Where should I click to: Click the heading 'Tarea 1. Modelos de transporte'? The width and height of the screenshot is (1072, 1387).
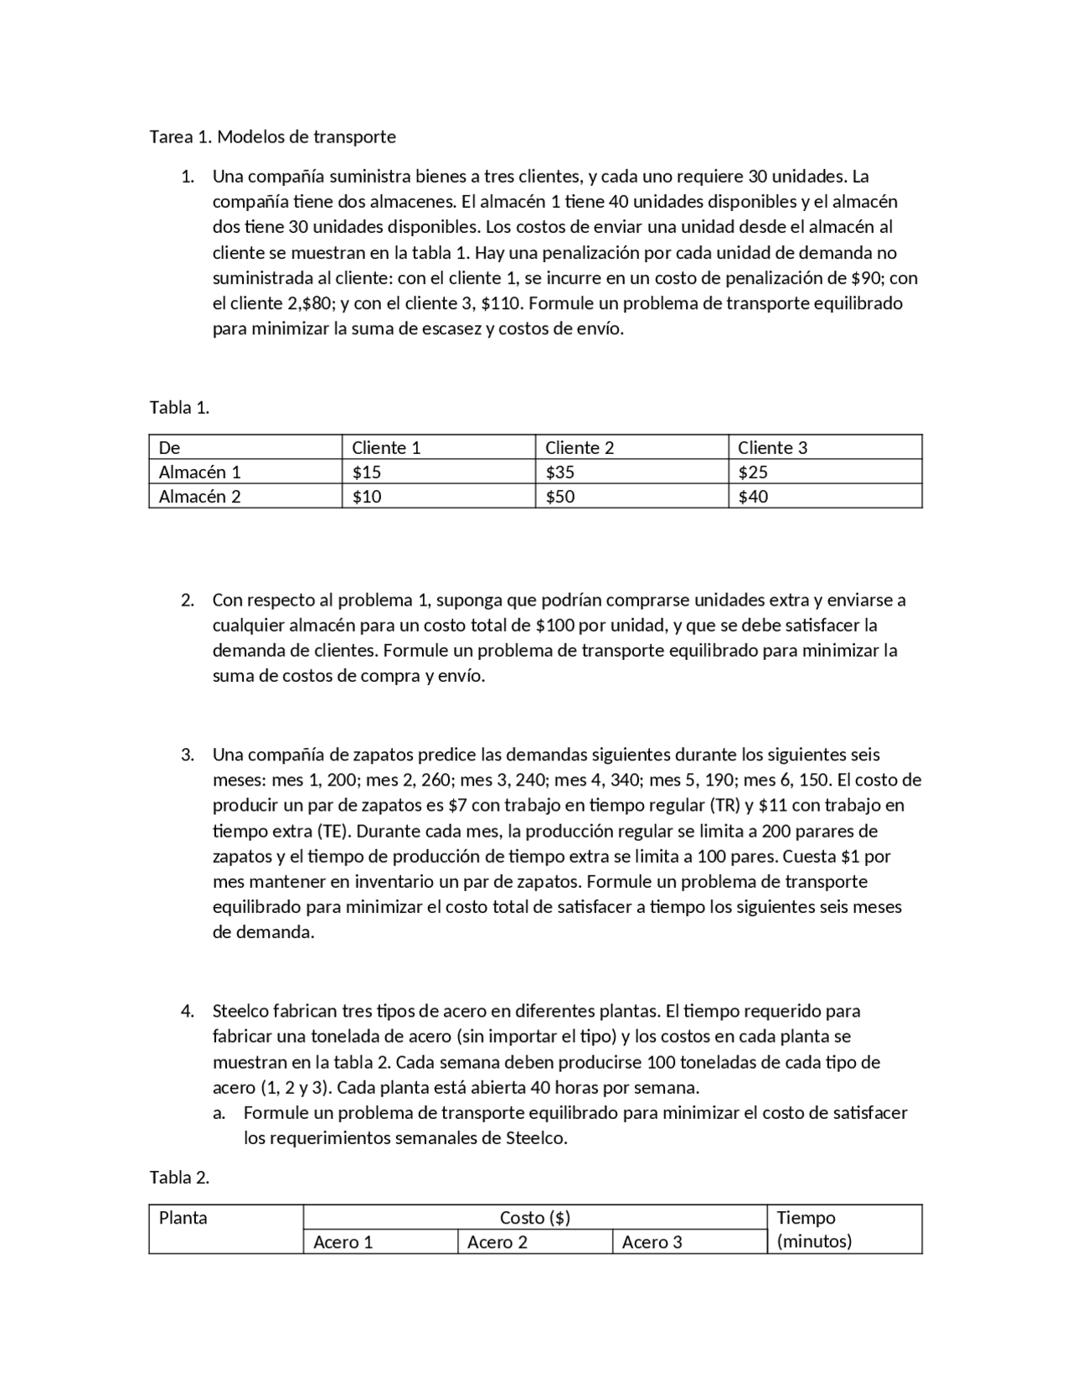[272, 137]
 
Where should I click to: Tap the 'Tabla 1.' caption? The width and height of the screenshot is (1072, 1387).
[179, 408]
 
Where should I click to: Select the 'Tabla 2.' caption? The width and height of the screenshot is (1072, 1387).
[179, 1178]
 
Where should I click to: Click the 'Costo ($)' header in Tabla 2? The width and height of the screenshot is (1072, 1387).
[534, 1218]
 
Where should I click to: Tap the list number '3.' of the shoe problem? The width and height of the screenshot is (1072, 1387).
[188, 755]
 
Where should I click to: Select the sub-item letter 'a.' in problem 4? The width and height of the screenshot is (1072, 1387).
[219, 1113]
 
